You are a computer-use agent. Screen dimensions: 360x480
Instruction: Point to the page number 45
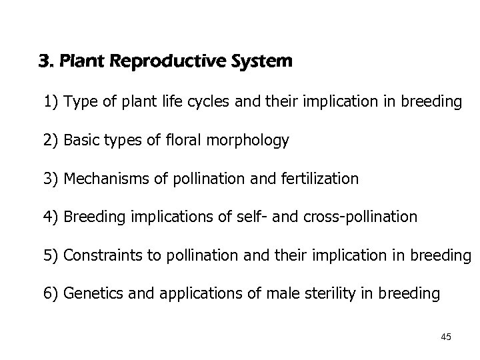click(446, 337)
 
